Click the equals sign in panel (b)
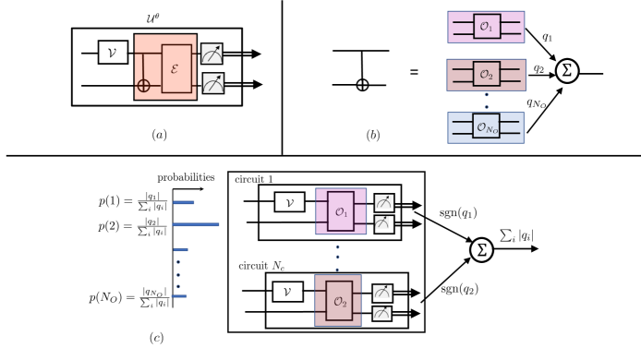(414, 71)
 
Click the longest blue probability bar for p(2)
(196, 224)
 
